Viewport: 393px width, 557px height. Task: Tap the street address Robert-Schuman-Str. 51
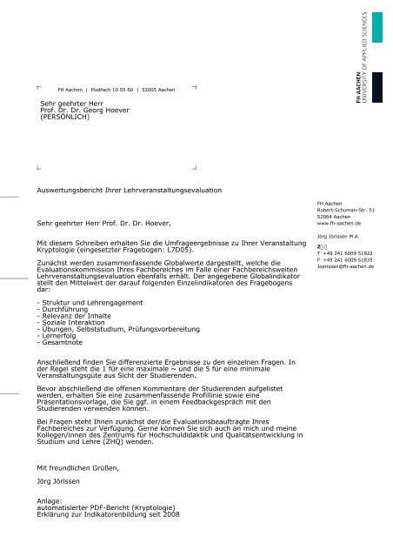click(346, 210)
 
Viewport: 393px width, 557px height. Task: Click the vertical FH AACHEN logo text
click(363, 103)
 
